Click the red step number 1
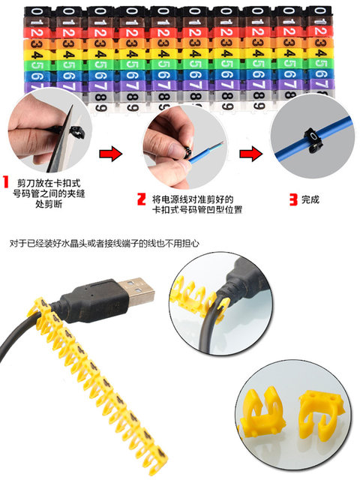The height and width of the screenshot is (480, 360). point(7,183)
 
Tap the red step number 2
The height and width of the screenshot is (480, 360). point(140,199)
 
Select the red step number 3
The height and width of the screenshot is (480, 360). point(292,199)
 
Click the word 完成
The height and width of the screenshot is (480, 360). point(311,200)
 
